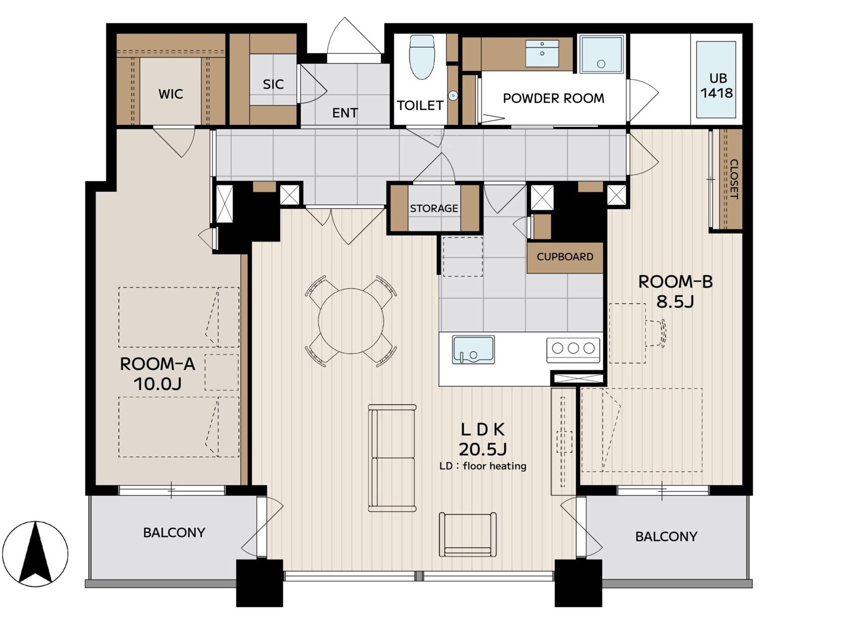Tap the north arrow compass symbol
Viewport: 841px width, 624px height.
coord(35,554)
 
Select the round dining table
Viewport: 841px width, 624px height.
coord(351,321)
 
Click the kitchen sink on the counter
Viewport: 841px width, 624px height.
coord(474,350)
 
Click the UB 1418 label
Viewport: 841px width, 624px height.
coord(717,85)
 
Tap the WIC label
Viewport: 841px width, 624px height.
coord(171,94)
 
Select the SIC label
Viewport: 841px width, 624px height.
coord(273,84)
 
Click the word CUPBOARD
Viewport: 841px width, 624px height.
coord(565,257)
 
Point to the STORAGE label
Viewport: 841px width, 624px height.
coord(434,208)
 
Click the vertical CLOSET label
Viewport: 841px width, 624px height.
coord(733,179)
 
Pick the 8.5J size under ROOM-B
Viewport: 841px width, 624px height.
coord(675,301)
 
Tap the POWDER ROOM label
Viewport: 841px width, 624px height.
coord(553,98)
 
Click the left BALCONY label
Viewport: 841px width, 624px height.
coord(174,533)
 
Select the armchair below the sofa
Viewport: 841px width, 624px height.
coord(468,534)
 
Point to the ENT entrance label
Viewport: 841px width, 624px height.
coord(345,113)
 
